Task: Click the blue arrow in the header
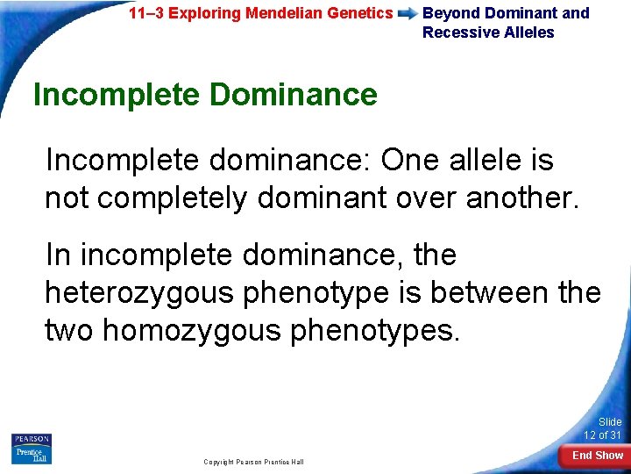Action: tap(408, 14)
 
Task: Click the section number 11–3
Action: tap(145, 13)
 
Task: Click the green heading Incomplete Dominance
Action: tap(205, 94)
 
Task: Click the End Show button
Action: tap(597, 456)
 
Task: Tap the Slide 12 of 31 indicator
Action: tap(603, 428)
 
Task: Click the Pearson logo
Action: tap(31, 439)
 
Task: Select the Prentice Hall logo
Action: tap(31, 455)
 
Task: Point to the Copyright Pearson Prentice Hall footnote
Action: tap(253, 461)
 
